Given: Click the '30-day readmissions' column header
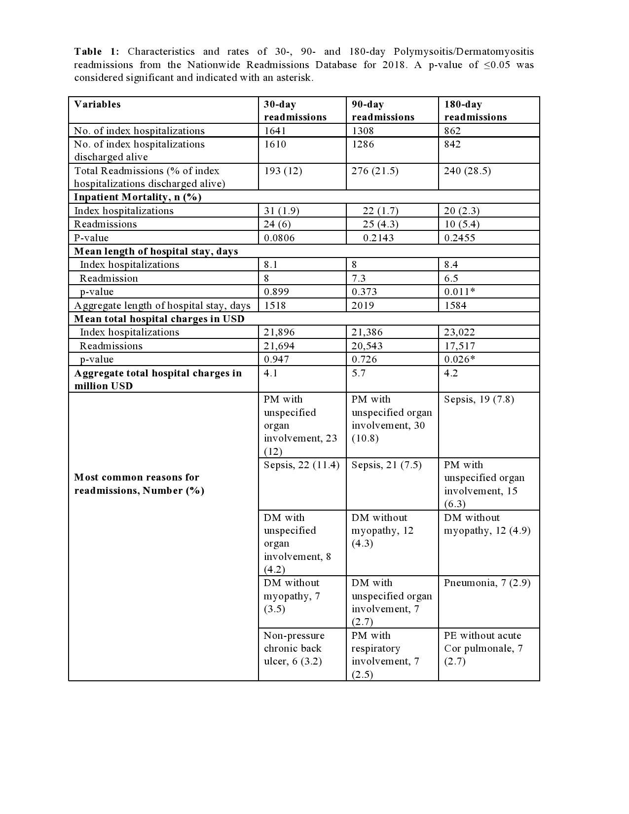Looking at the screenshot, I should pyautogui.click(x=295, y=111).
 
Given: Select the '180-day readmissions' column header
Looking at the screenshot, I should pyautogui.click(x=475, y=111).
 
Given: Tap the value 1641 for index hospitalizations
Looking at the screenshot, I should pyautogui.click(x=275, y=131).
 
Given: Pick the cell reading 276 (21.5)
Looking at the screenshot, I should pyautogui.click(x=375, y=171).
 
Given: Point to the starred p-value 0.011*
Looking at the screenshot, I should pyautogui.click(x=460, y=292).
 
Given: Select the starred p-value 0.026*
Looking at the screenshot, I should pyautogui.click(x=460, y=359).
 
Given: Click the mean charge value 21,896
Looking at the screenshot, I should pyautogui.click(x=279, y=332).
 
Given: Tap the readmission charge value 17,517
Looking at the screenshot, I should pyautogui.click(x=460, y=346).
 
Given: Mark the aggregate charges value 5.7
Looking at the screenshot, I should pyautogui.click(x=359, y=373).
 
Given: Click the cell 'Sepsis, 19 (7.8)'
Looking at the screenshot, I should pyautogui.click(x=479, y=399).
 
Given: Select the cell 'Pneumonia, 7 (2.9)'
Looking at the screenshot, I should pyautogui.click(x=487, y=583).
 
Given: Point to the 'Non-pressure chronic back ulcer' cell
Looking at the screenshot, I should pyautogui.click(x=294, y=648).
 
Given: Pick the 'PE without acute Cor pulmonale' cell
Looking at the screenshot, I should pyautogui.click(x=483, y=648).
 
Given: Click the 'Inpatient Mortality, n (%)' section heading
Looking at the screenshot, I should pyautogui.click(x=138, y=197).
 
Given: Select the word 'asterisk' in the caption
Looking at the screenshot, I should pyautogui.click(x=296, y=77).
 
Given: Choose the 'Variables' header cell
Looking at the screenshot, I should pyautogui.click(x=97, y=104).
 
